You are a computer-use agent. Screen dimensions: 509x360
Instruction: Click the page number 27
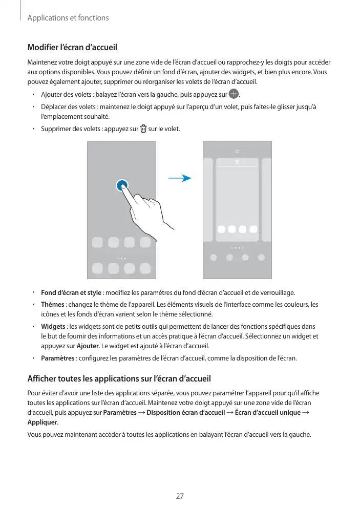click(180, 496)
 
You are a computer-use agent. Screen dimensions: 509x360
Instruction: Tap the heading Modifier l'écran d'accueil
click(72, 48)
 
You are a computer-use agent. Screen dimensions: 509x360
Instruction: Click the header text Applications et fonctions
click(68, 18)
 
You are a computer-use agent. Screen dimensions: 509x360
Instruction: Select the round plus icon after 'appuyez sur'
click(234, 94)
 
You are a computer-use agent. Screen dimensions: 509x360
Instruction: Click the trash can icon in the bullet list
click(143, 129)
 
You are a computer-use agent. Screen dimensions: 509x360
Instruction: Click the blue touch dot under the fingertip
click(122, 186)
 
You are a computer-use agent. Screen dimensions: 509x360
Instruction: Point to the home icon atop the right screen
click(237, 152)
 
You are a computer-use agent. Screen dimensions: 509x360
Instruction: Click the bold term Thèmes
click(53, 304)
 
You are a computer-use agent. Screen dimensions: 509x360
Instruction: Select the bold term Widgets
click(53, 326)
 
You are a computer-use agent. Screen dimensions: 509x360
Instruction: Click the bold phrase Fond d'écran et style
click(71, 292)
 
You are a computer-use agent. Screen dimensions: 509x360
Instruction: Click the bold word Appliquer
click(42, 422)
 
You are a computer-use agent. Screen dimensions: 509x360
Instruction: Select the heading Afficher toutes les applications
click(118, 379)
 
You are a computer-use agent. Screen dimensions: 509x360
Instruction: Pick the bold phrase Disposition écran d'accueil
click(185, 413)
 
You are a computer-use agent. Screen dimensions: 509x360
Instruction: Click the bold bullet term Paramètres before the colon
click(57, 357)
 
